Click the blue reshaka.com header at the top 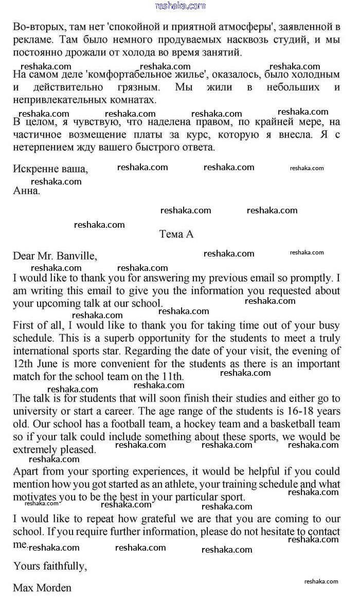[180, 6]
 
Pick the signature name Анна [26, 191]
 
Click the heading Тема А [176, 234]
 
